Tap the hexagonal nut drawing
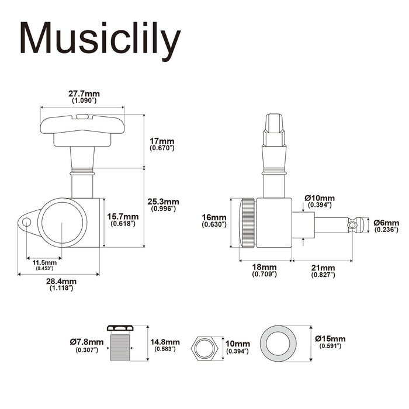[x=203, y=349]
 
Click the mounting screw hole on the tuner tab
[x=26, y=222]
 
